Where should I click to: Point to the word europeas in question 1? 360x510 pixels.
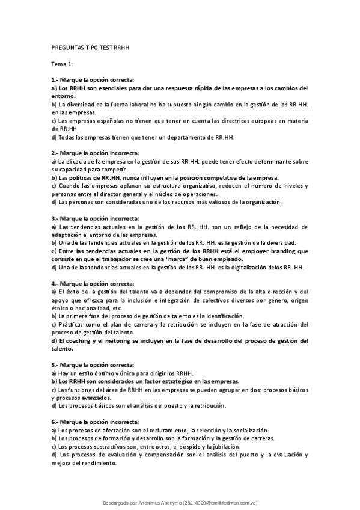coord(255,120)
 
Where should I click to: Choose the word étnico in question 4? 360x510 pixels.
coord(61,308)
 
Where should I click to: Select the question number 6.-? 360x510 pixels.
coord(55,422)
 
